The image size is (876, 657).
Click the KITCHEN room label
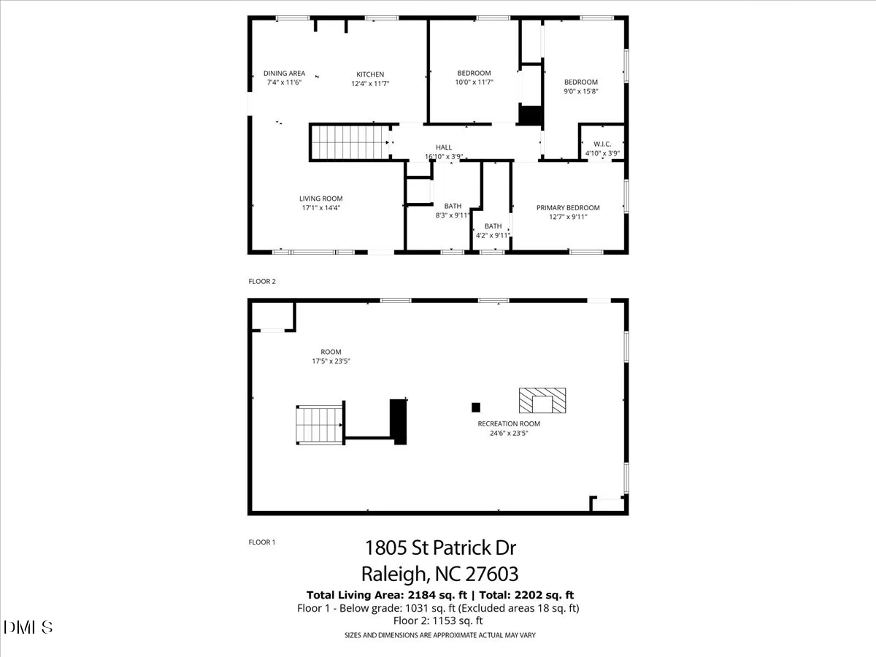coord(370,74)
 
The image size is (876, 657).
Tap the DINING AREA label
coord(284,73)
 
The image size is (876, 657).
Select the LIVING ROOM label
coord(320,199)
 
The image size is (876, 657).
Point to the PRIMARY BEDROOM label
coord(568,208)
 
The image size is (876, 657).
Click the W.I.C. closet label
coord(602,144)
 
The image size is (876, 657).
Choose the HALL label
coord(444,147)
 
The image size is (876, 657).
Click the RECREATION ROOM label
coord(509,424)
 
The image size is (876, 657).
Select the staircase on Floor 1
coord(318,425)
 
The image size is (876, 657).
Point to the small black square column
coord(476,407)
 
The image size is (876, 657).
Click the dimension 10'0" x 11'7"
coord(474,83)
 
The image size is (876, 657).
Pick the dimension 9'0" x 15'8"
coord(581,92)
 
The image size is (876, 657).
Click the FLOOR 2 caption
coord(262,281)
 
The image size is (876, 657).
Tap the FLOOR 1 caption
coord(262,542)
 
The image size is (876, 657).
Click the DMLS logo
coord(28,627)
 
